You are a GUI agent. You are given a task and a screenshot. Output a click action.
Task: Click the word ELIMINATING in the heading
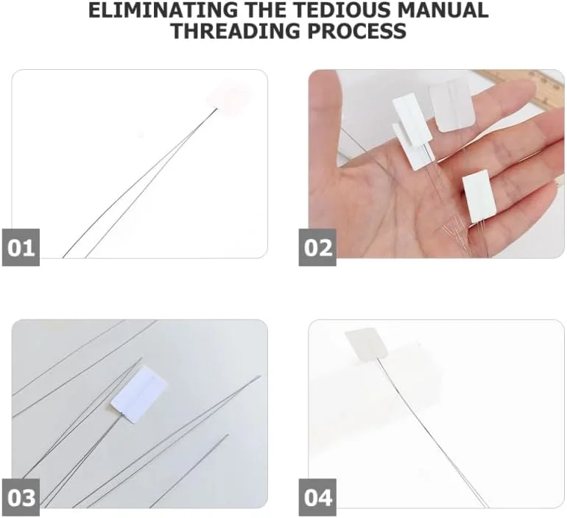(x=162, y=10)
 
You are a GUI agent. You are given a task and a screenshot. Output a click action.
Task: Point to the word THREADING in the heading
(x=236, y=31)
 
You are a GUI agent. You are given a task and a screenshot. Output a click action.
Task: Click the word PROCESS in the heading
(x=356, y=31)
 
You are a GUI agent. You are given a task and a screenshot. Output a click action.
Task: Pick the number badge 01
(x=21, y=247)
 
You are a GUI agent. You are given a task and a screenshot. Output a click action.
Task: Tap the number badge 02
(x=317, y=247)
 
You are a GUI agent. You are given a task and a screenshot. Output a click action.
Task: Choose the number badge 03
(x=21, y=497)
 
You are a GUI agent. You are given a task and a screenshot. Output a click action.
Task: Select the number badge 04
(x=317, y=497)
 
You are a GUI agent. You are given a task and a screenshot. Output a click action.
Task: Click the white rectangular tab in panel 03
(x=139, y=394)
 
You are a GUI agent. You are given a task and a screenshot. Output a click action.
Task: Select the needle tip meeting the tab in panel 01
(x=216, y=109)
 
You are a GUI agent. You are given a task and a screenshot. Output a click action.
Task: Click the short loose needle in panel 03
(x=189, y=471)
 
